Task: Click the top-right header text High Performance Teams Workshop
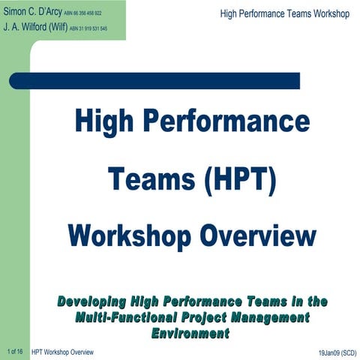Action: tap(285, 14)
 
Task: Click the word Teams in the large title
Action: tap(148, 179)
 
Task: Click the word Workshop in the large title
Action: tap(127, 235)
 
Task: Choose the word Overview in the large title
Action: tap(257, 235)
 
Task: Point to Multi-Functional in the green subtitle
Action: tap(123, 316)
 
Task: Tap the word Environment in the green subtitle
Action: tap(191, 331)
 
